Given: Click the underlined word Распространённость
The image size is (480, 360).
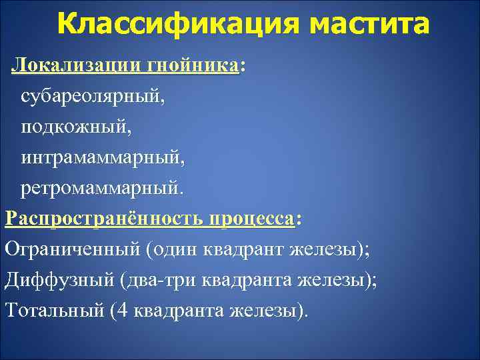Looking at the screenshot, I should click(104, 219).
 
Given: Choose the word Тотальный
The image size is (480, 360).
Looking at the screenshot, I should click(53, 311).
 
